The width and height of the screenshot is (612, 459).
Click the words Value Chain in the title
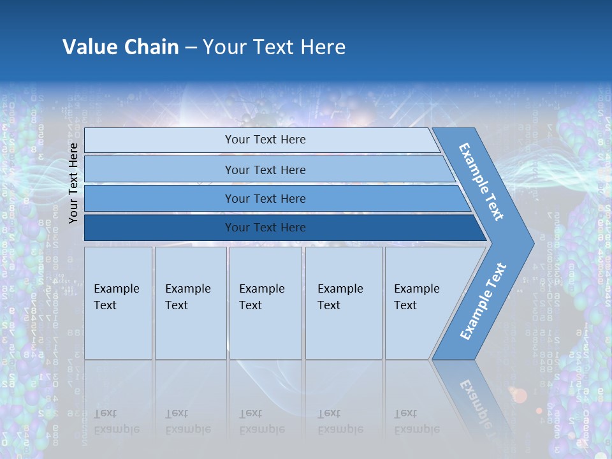(x=120, y=47)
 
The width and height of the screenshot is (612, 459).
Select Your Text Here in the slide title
(x=274, y=47)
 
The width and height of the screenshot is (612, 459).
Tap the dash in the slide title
(x=191, y=48)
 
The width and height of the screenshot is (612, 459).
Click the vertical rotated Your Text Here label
(x=74, y=183)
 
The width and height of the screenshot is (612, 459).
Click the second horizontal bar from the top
(x=265, y=170)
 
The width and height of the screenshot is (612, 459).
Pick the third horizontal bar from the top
(x=265, y=198)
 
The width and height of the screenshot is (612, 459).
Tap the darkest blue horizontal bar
(x=265, y=228)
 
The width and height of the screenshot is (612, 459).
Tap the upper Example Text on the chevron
(x=481, y=182)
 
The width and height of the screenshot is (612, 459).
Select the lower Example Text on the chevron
(x=483, y=302)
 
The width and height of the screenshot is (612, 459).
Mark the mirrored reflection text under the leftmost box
(x=117, y=421)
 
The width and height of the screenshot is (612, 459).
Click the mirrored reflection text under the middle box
(x=262, y=421)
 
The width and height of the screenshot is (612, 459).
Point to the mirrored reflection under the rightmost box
(x=417, y=421)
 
